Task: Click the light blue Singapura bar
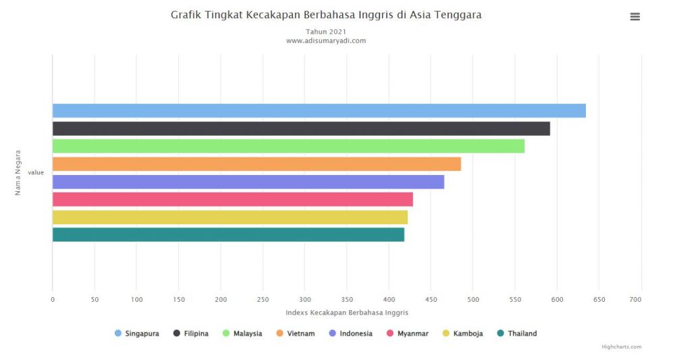319,111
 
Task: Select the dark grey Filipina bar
301,128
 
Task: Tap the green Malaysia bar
288,146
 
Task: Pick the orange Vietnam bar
256,164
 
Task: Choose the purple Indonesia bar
248,182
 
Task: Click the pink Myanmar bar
232,199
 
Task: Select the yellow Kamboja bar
230,217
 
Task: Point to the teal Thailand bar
228,234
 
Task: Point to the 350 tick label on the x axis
346,299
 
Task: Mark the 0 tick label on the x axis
53,299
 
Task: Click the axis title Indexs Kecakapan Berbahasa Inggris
346,313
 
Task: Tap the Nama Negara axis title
18,172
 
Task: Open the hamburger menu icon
634,17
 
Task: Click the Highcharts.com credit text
621,347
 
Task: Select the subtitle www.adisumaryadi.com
326,41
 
